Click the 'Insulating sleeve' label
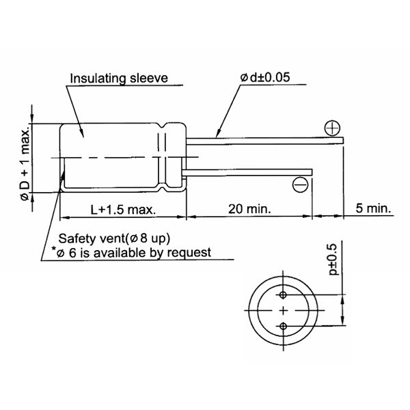119,78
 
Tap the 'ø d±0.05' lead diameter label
265,77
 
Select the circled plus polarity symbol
332,128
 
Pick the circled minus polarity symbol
300,184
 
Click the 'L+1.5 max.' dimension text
123,210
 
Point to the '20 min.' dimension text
249,209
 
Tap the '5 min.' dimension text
373,208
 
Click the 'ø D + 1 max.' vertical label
26,165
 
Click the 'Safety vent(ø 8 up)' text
114,238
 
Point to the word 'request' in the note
189,253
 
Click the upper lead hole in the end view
283,295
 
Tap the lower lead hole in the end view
283,327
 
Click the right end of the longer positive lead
343,141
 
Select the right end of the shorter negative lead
312,172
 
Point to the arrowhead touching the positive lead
218,134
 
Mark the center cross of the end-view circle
284,311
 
